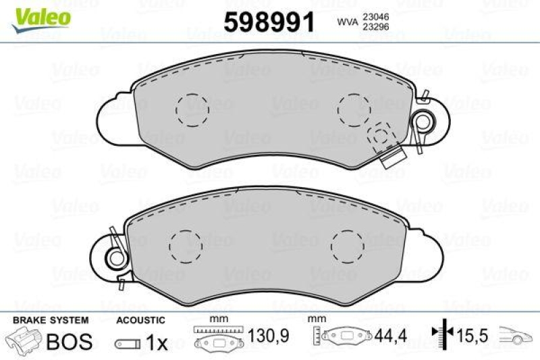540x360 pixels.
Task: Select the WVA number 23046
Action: coord(375,17)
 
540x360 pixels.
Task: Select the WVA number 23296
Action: coord(375,28)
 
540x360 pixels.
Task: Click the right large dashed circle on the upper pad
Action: coord(354,107)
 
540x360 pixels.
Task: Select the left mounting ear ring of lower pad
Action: coord(115,257)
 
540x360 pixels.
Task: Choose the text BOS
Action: coord(68,341)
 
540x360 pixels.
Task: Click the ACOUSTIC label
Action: coord(140,319)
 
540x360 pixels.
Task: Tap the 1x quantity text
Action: coord(157,343)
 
